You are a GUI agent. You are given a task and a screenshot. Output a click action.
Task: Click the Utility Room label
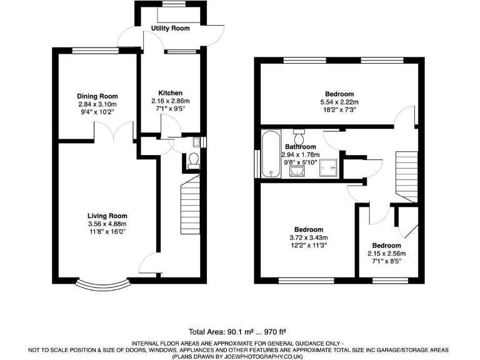coord(170,29)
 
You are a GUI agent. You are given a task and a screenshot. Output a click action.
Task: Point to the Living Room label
coord(107,216)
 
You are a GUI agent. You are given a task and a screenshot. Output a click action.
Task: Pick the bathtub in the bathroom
coord(271,154)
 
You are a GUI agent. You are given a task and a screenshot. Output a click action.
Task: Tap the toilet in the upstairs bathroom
coord(299,134)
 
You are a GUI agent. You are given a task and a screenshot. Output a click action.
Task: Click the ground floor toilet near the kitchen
coord(193,161)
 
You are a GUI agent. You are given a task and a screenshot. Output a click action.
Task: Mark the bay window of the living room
coord(103,284)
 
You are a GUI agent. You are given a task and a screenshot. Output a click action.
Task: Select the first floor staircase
coord(406,175)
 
